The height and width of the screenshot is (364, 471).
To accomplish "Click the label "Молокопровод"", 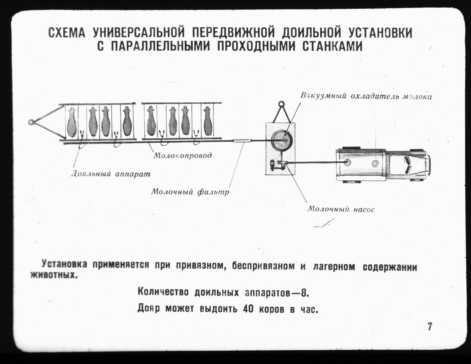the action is (x=182, y=155).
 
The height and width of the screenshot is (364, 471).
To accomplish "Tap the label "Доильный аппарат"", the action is (x=111, y=174).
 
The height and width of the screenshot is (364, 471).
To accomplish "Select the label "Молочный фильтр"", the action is (x=190, y=192).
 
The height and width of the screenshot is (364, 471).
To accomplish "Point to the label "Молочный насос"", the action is (x=341, y=209).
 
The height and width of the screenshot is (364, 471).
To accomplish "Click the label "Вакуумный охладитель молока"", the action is (x=366, y=96).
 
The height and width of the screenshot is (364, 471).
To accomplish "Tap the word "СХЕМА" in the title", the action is (x=67, y=33).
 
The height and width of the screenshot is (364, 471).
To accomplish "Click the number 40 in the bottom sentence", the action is (x=248, y=309).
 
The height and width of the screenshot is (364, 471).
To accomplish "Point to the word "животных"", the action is (x=54, y=275).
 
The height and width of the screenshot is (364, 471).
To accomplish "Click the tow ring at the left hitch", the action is (x=31, y=122).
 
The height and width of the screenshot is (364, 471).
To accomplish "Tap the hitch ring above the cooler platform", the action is (x=281, y=104).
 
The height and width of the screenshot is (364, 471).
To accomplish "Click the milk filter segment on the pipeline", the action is (x=242, y=141).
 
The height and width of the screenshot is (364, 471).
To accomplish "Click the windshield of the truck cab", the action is (x=407, y=164).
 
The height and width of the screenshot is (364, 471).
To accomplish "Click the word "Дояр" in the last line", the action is (x=149, y=308).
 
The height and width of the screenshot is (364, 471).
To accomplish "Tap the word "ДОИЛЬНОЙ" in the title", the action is (x=311, y=33).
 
